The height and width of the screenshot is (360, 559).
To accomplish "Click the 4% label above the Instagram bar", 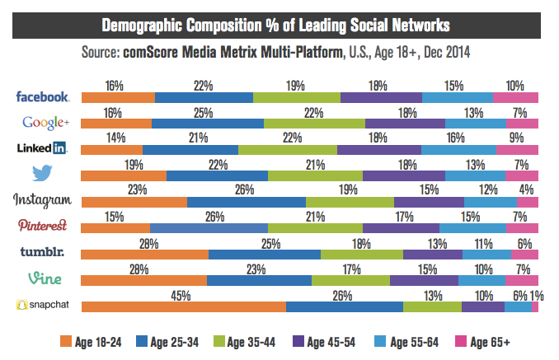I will (524, 189).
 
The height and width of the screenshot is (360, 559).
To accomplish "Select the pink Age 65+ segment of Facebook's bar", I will (515, 97).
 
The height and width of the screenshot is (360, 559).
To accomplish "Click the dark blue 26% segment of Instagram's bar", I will (247, 203).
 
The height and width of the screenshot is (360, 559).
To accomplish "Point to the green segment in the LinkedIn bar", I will (288, 150).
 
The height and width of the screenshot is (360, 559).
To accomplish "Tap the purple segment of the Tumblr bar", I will (433, 255).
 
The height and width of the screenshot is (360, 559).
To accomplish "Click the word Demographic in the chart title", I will (151, 23).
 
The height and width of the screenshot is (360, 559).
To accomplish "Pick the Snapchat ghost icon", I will (22, 305).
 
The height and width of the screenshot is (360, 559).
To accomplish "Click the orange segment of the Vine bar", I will (143, 281).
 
